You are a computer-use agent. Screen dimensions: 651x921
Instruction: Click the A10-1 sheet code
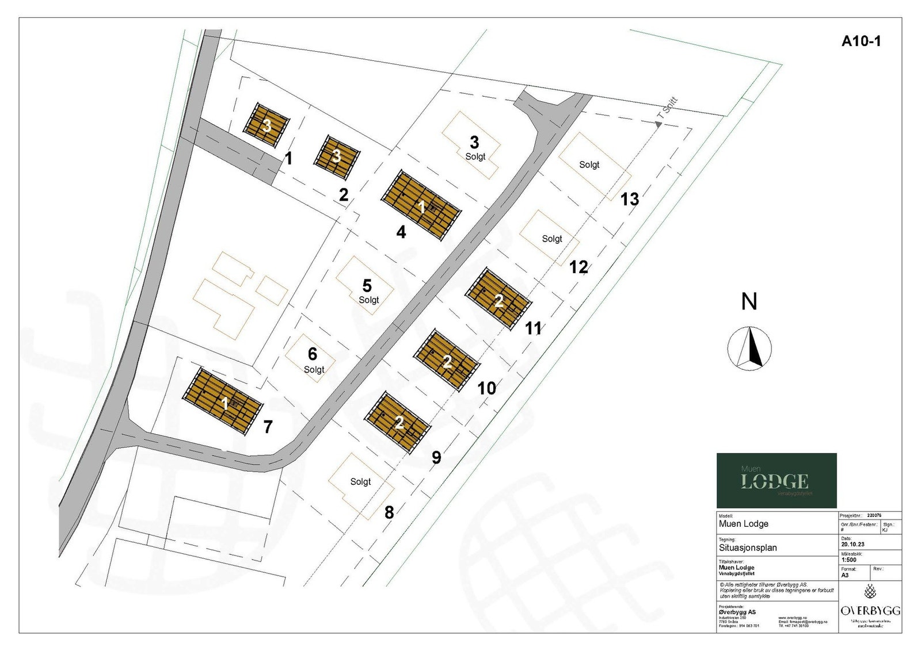tap(861, 41)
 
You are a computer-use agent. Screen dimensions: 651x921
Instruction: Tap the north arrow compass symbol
tap(749, 348)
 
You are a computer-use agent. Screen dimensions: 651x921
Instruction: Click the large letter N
tap(749, 302)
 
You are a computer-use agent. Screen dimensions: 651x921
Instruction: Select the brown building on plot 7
tap(223, 401)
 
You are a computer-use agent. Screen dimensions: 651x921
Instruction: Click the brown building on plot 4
tap(421, 205)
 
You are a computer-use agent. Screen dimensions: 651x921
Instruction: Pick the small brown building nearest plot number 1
tap(267, 125)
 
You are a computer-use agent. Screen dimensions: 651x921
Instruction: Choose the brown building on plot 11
tap(498, 299)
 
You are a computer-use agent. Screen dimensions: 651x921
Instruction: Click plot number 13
tap(629, 199)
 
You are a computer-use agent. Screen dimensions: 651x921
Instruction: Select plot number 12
tap(579, 267)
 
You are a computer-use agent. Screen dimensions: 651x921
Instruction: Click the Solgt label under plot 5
tap(368, 300)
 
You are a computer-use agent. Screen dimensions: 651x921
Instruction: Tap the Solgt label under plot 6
tap(314, 370)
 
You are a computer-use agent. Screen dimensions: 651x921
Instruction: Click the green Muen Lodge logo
tap(776, 480)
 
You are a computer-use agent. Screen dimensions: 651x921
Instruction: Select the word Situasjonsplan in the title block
tap(748, 547)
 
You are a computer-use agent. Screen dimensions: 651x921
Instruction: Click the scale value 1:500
tap(848, 560)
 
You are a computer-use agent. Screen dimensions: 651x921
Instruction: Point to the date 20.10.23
tap(853, 544)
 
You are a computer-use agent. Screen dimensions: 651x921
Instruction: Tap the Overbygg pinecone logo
tap(870, 591)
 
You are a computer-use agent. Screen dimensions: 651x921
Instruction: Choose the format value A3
tap(845, 575)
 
